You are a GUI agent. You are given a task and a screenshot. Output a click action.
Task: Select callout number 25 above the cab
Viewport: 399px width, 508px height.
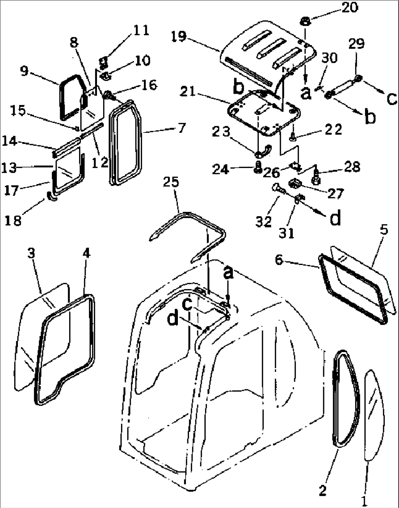171,182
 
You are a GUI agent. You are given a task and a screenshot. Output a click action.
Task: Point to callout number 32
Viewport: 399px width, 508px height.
264,221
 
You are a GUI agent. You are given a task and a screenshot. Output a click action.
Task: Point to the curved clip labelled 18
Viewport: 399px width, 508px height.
52,197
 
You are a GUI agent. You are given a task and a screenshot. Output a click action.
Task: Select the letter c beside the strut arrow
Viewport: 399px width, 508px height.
391,98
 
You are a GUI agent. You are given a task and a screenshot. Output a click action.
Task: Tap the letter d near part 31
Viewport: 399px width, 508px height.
336,218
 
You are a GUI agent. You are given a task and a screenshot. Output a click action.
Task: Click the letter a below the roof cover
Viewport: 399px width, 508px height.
306,93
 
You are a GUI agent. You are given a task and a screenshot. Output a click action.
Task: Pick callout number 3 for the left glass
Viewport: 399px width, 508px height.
32,253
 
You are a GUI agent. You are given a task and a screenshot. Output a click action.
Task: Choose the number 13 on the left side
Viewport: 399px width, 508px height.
9,168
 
